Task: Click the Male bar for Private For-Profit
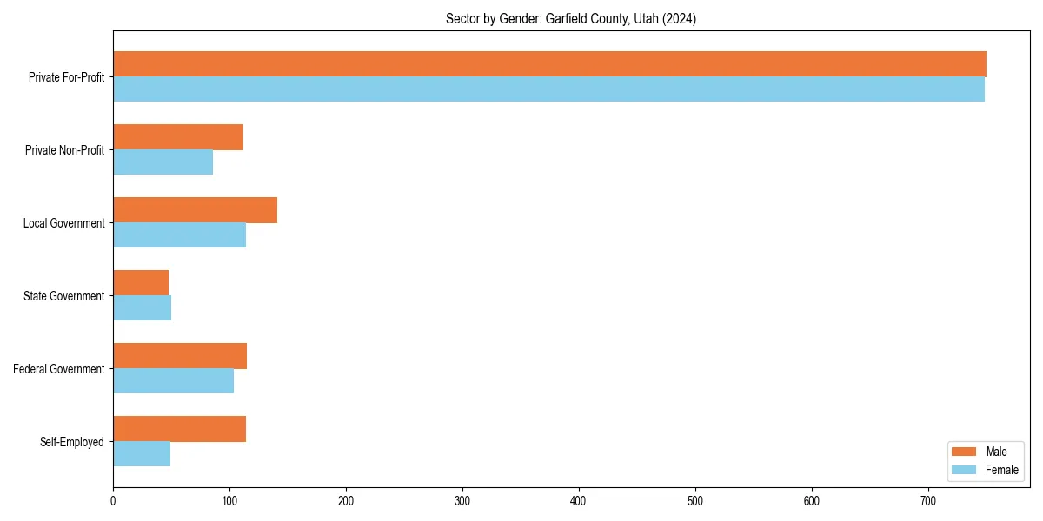click(549, 64)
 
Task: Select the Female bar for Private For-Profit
click(548, 89)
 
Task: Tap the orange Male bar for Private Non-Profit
click(178, 137)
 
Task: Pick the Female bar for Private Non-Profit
click(163, 162)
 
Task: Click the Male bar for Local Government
click(195, 210)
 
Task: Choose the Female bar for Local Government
click(179, 235)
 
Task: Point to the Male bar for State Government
click(141, 283)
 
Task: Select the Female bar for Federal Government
click(173, 381)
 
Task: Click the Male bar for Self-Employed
click(179, 429)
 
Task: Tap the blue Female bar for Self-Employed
click(142, 454)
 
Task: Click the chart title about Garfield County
click(571, 18)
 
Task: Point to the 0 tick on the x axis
click(113, 501)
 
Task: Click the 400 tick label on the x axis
click(579, 501)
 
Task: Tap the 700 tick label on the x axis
click(928, 501)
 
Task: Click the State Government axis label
click(64, 296)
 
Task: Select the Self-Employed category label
click(72, 442)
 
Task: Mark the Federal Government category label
click(59, 369)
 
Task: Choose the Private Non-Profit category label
click(64, 150)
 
